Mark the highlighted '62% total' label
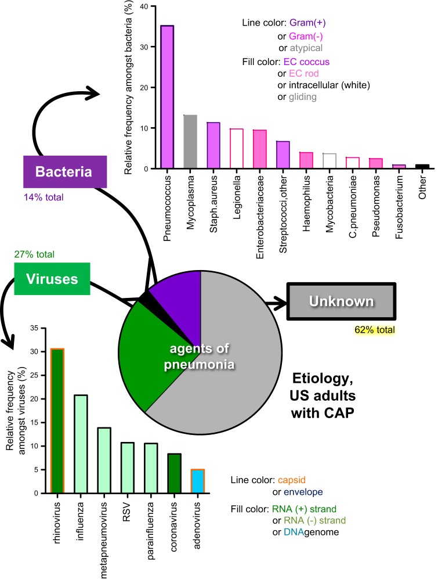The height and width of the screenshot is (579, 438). point(375,330)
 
